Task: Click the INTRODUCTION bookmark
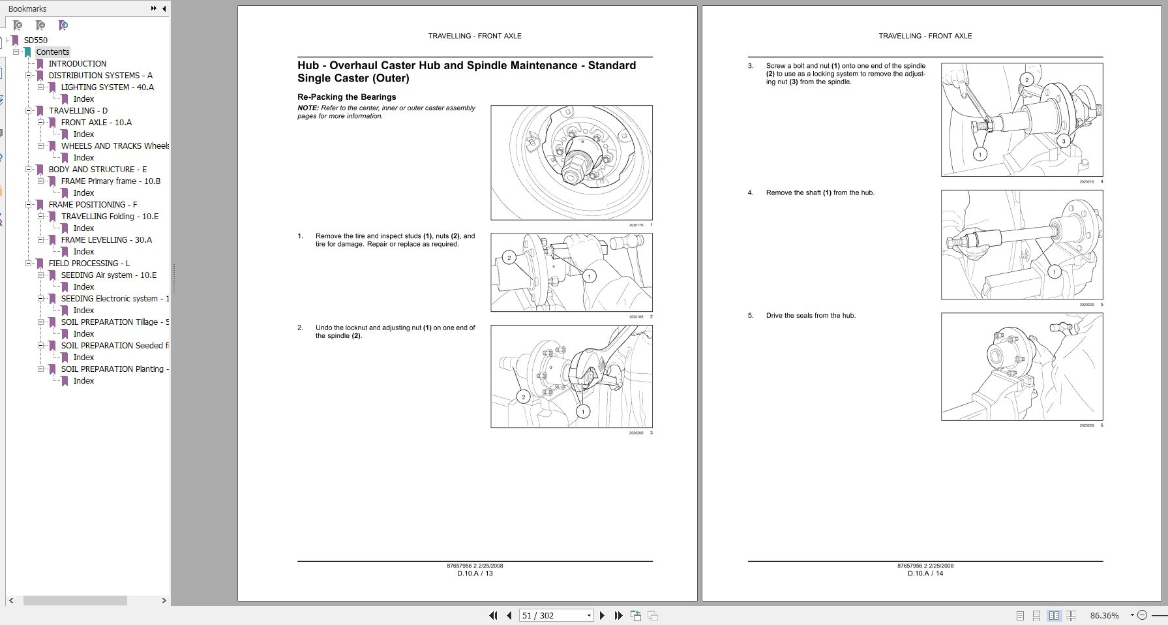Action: tap(77, 63)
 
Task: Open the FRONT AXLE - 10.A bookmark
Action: tap(96, 122)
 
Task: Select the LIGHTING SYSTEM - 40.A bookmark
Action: tap(107, 87)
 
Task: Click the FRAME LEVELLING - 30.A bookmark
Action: tap(106, 239)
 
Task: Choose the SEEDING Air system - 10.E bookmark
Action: tap(108, 275)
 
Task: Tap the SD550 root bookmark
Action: tap(35, 40)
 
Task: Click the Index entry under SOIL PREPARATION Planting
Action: tap(83, 380)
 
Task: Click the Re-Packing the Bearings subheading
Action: tap(346, 97)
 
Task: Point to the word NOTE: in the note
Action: tap(308, 108)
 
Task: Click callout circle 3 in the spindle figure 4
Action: tap(1064, 141)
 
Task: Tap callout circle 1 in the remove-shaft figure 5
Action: tap(1055, 272)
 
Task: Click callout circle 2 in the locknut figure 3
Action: tap(523, 397)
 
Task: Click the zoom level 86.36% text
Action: tap(1104, 615)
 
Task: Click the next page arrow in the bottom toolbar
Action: tap(602, 615)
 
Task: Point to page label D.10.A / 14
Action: tap(925, 573)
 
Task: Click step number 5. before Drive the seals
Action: tap(751, 316)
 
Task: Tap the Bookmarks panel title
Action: tap(27, 8)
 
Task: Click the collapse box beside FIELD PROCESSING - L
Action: tap(29, 263)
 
